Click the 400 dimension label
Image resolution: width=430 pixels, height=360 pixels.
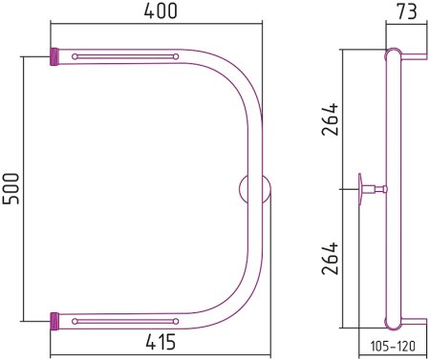point(161,11)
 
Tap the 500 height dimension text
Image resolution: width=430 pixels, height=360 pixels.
point(11,189)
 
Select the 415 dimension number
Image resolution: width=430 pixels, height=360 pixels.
point(161,342)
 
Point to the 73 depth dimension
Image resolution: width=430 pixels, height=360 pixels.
point(407,11)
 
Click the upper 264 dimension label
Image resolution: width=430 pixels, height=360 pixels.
point(330,119)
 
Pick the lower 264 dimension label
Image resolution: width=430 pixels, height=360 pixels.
point(330,259)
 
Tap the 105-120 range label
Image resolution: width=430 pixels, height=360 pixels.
point(393,346)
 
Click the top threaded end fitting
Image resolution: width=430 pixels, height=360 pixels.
point(54,56)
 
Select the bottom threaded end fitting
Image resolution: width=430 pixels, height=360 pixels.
point(54,321)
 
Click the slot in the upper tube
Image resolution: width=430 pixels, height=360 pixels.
point(125,56)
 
